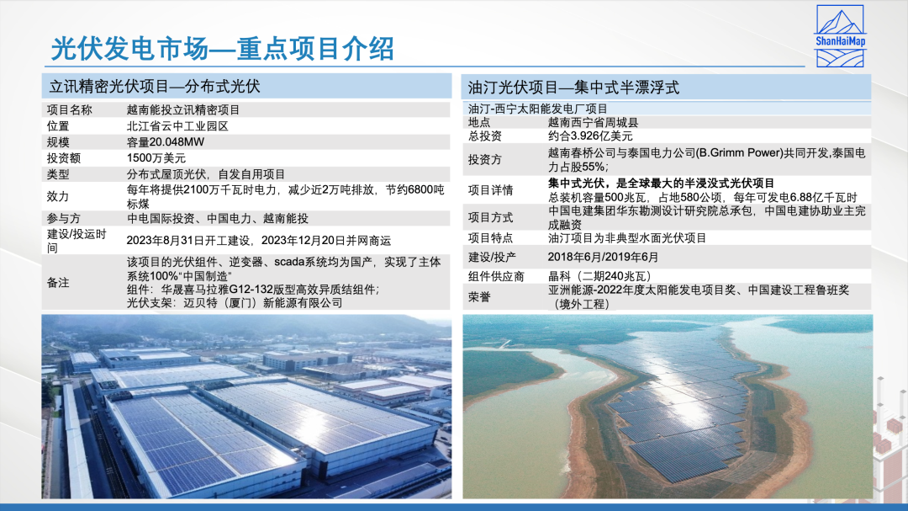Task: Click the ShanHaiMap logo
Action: [840, 36]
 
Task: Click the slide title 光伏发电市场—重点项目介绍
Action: [223, 48]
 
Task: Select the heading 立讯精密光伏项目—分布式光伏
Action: [155, 87]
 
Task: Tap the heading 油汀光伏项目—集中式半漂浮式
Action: [573, 88]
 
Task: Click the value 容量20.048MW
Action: [166, 142]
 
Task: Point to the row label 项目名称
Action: [70, 109]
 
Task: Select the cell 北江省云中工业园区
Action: [177, 126]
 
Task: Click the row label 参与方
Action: [64, 219]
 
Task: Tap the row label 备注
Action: [58, 283]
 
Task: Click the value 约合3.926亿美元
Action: [590, 136]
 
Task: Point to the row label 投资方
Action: [485, 159]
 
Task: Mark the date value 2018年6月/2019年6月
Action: [603, 257]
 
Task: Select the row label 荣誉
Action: [479, 297]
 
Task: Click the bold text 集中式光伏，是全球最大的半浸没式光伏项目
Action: [662, 184]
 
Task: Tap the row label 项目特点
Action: [490, 237]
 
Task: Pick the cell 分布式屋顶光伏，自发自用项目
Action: [206, 174]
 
